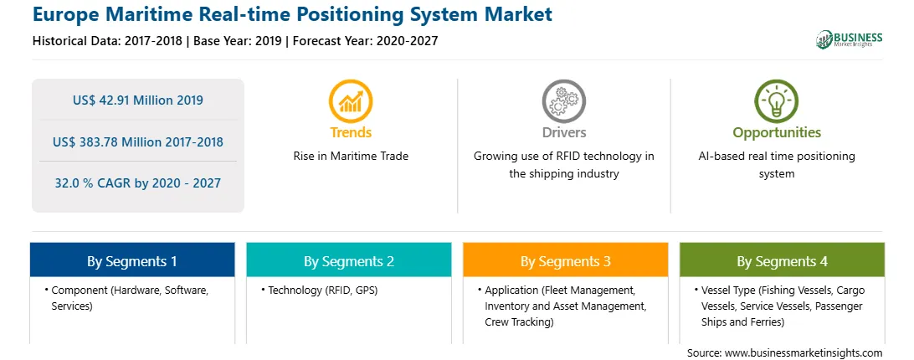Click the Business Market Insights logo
click(x=850, y=39)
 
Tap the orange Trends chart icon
click(x=351, y=101)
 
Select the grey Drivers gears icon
click(x=563, y=101)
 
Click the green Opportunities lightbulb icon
click(x=777, y=101)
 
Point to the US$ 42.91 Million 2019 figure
click(x=138, y=100)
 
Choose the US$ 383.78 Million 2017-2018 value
click(x=138, y=141)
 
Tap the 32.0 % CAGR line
click(x=138, y=183)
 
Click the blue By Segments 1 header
click(x=132, y=260)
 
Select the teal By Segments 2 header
click(x=348, y=260)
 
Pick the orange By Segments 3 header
click(x=566, y=260)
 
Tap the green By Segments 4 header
click(x=783, y=260)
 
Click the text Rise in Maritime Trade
click(x=351, y=157)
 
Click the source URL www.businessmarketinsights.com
click(x=804, y=353)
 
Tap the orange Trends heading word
click(x=351, y=132)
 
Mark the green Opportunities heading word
click(x=777, y=133)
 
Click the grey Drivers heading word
click(x=563, y=132)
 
